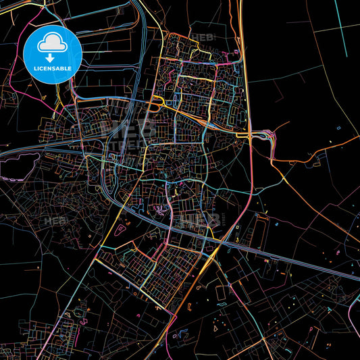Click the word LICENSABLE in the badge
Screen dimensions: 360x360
click(52, 69)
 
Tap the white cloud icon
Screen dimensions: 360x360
click(52, 44)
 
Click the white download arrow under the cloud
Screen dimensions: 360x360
click(52, 57)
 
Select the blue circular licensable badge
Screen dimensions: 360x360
click(52, 54)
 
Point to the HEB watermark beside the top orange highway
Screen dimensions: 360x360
click(203, 37)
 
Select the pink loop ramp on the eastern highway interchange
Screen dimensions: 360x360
click(272, 138)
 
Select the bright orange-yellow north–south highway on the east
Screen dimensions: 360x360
click(245, 81)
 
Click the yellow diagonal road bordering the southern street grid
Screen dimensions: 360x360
click(135, 287)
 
